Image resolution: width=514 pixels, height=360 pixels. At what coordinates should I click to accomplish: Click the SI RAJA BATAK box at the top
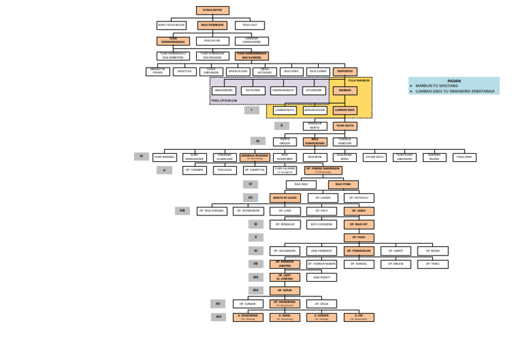212,10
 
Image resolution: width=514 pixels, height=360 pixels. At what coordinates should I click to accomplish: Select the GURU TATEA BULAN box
171,25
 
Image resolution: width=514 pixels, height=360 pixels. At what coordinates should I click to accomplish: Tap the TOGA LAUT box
250,25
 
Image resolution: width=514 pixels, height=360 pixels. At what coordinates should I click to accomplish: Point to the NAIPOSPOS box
345,72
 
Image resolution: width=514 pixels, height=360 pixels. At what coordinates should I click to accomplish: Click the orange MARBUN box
345,90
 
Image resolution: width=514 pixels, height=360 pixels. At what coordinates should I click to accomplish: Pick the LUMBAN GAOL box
345,110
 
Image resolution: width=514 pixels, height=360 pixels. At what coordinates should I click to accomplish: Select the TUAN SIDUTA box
345,126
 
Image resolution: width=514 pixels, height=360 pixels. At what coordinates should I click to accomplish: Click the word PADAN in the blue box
454,80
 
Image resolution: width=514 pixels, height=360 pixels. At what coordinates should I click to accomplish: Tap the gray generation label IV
141,157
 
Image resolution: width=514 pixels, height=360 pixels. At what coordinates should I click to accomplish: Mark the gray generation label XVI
218,317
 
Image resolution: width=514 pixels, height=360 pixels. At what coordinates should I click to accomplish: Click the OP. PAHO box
359,238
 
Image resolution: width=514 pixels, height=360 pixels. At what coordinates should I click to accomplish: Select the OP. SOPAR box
285,290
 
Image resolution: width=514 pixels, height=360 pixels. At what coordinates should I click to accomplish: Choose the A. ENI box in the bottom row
359,317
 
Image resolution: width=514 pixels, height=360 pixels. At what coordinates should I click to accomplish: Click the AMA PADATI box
321,277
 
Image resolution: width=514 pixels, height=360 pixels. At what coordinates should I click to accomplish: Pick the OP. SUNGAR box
248,304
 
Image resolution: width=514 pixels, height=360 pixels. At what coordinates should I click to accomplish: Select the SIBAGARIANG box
224,90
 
